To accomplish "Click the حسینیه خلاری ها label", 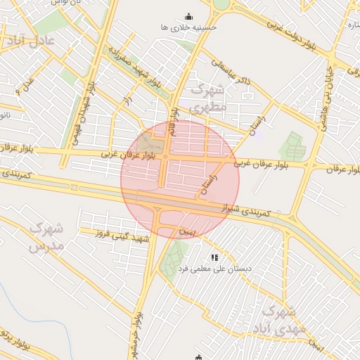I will (188, 27).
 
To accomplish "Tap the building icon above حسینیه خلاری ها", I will (188, 17).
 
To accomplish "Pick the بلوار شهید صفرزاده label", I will (135, 67).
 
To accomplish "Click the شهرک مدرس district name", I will (47, 237).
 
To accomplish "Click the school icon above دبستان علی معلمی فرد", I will (214, 258).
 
